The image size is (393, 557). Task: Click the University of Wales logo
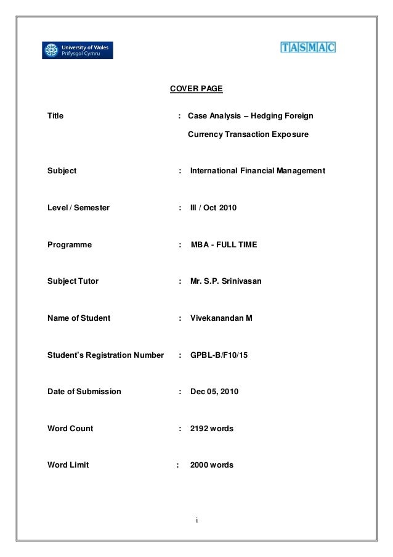click(x=78, y=50)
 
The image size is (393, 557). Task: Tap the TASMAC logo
click(x=308, y=47)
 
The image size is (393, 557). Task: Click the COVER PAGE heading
click(x=196, y=89)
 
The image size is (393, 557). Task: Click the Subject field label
click(x=62, y=171)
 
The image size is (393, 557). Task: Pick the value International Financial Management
click(x=258, y=171)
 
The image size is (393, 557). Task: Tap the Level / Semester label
click(x=79, y=208)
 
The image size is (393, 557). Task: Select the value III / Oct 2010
click(x=213, y=208)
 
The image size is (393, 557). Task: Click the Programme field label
click(x=70, y=245)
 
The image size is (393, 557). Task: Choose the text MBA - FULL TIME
click(x=224, y=245)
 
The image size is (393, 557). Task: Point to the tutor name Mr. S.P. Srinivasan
click(x=226, y=282)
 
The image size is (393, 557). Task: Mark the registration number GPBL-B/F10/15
click(x=222, y=355)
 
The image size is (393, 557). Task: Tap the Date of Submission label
click(x=84, y=392)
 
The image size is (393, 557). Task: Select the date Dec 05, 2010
click(x=215, y=392)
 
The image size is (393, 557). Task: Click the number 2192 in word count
click(x=200, y=428)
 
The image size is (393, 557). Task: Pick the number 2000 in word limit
click(x=200, y=465)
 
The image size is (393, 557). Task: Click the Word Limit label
click(x=68, y=465)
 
